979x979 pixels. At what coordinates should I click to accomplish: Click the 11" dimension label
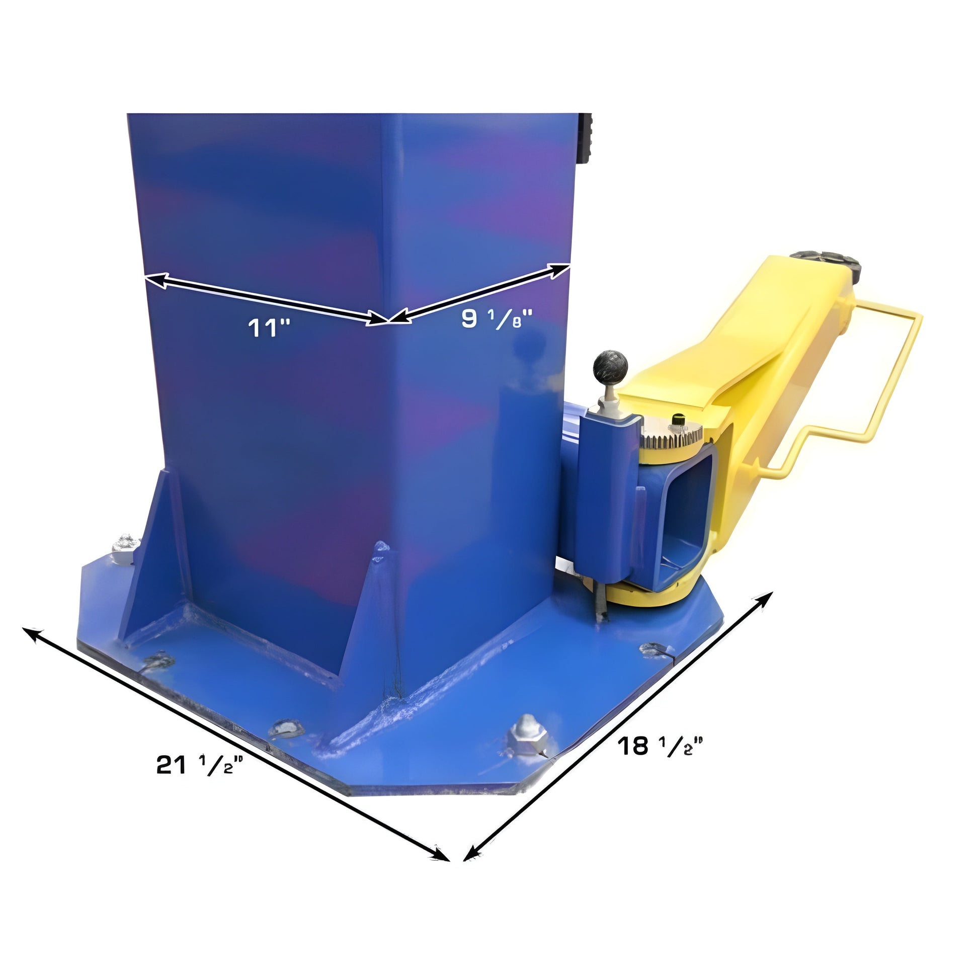269,328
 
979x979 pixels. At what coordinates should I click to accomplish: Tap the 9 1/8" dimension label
497,319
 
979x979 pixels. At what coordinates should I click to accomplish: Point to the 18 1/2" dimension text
660,746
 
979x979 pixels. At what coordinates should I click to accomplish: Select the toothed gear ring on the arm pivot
672,436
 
